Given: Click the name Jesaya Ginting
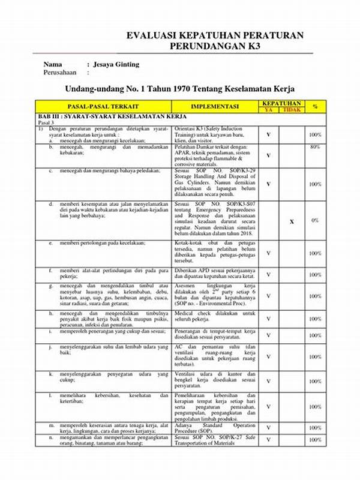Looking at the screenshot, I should point(117,64).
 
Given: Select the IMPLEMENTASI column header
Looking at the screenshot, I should point(215,106).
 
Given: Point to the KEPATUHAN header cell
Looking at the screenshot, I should point(281,103).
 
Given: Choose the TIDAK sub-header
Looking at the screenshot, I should point(291,110).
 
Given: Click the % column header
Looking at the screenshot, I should point(315,106).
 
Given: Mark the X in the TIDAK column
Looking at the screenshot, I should point(292,221).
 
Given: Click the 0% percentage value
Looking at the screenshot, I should point(315,221).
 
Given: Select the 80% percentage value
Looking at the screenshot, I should point(315,146).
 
